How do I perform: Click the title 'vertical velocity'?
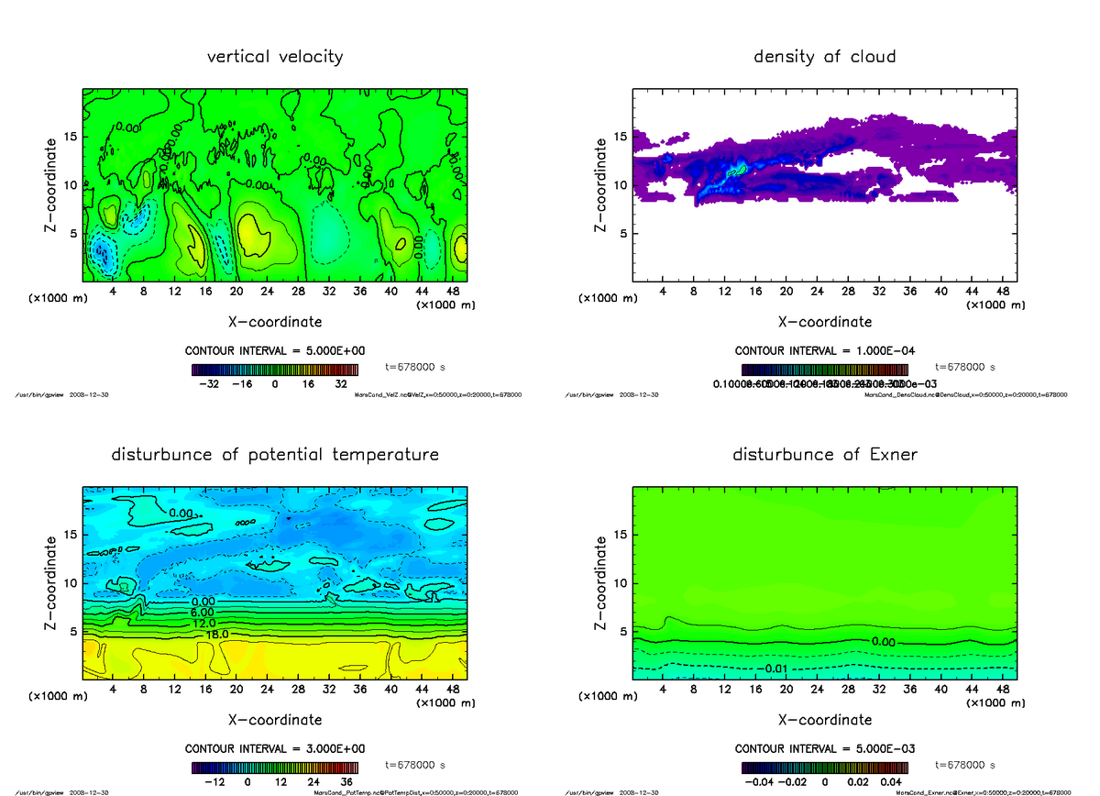click(275, 57)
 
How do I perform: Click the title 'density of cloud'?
click(824, 57)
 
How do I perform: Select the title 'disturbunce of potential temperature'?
click(275, 455)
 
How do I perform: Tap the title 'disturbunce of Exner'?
click(824, 455)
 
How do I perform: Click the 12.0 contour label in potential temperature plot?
click(203, 623)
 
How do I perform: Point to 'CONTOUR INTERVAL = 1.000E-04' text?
click(824, 351)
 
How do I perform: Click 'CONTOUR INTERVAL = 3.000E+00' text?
click(275, 748)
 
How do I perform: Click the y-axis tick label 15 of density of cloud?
click(621, 137)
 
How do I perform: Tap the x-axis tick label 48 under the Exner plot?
click(1002, 690)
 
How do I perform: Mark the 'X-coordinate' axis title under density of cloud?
click(824, 322)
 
